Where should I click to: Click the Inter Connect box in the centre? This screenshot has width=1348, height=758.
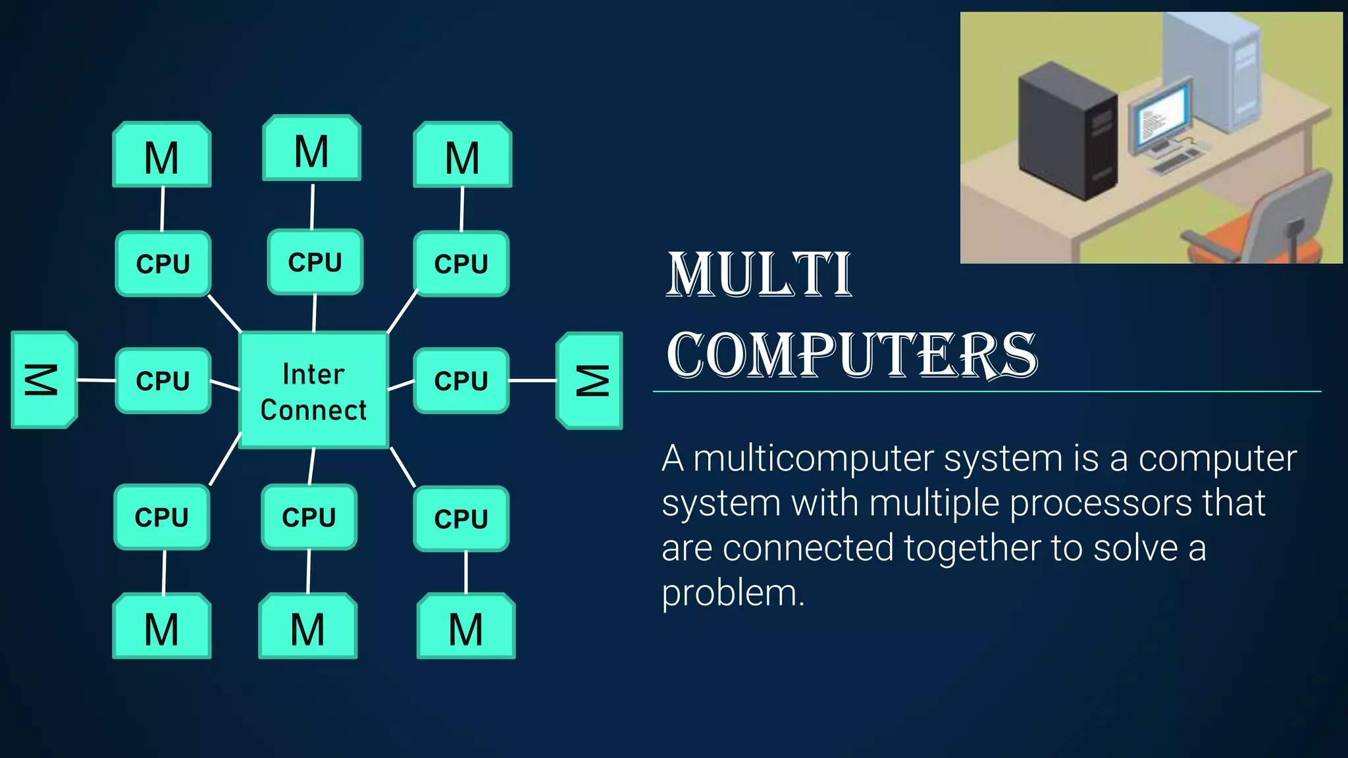pos(313,390)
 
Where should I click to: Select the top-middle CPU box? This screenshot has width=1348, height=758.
pos(315,262)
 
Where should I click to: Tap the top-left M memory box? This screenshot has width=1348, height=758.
pos(161,155)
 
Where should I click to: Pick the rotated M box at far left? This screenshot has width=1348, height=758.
pos(43,380)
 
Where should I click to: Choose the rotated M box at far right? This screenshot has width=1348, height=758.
pos(590,380)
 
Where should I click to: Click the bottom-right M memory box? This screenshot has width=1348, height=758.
pos(465,626)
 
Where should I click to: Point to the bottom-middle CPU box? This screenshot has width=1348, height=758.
pos(309,517)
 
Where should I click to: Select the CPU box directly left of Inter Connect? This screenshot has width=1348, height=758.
pos(163,380)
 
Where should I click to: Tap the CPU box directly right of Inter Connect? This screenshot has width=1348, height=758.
pos(461,380)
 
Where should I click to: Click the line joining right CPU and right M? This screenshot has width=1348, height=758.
pos(532,380)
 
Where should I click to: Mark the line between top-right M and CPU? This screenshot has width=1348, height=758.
pos(462,209)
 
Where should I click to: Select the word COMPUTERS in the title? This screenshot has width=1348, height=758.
pos(852,355)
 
